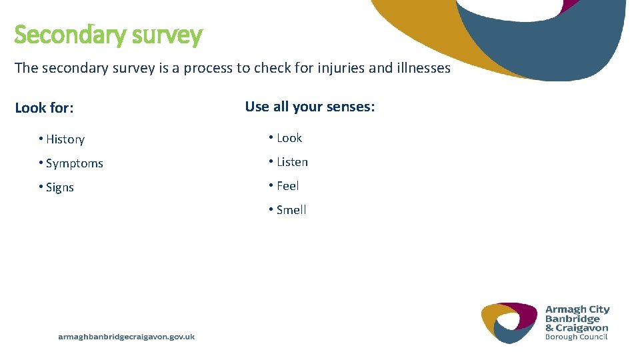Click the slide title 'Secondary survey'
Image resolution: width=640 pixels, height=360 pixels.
point(108,35)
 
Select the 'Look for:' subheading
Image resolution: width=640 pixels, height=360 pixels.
point(44,108)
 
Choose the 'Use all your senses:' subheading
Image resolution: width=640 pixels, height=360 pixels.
point(310,107)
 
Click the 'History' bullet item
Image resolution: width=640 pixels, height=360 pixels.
point(65,139)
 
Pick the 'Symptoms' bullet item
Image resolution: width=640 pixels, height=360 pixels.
point(74,163)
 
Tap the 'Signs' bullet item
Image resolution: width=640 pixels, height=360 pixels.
point(60,187)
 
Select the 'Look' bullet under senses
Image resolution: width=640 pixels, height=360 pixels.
point(289,138)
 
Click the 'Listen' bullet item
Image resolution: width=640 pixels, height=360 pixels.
point(292,162)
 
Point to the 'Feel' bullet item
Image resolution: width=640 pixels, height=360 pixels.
point(288,186)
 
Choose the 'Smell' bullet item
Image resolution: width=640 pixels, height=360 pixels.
point(291,210)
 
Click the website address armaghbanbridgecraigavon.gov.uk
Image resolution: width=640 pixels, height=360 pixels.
point(127,337)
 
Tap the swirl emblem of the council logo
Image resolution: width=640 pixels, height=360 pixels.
point(509,323)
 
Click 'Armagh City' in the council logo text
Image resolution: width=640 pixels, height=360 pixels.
point(577,310)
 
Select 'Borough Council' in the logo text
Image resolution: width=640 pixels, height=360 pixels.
point(576,337)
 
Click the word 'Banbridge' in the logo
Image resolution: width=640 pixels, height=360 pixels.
point(573,319)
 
